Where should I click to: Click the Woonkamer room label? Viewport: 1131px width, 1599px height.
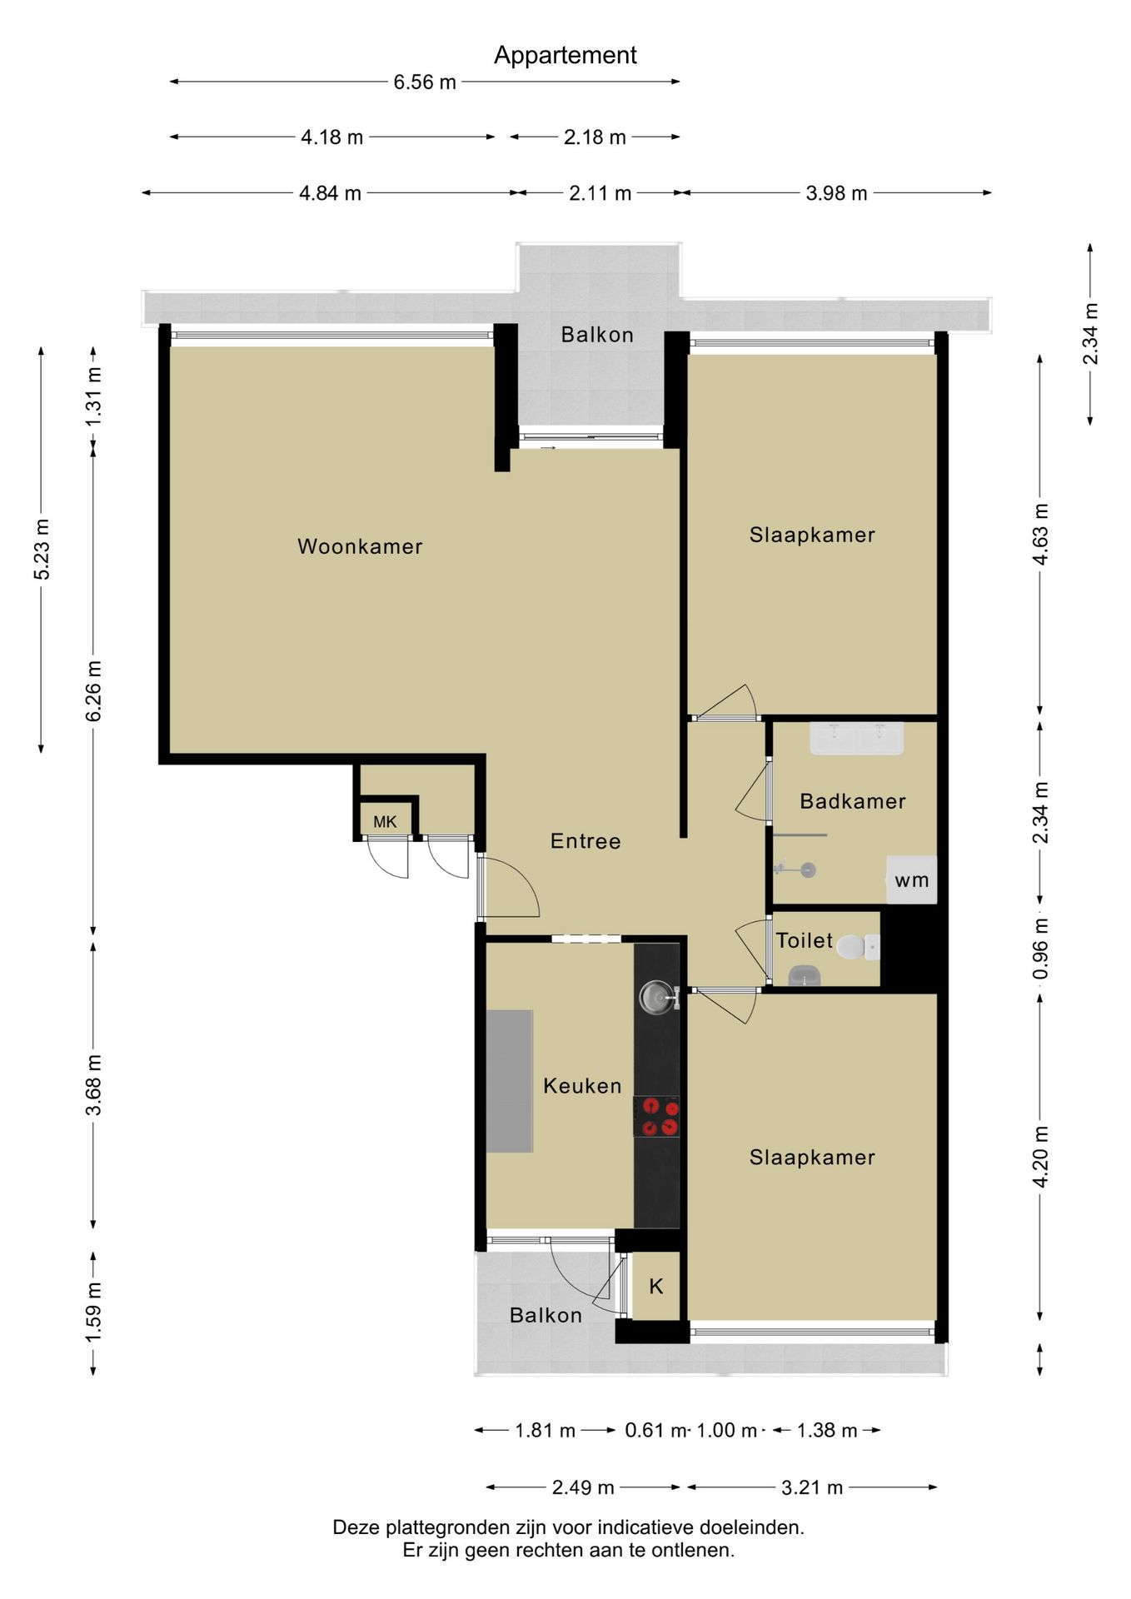coord(360,546)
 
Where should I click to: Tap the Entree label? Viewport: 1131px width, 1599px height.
coord(585,841)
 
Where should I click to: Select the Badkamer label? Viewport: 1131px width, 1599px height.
coord(853,801)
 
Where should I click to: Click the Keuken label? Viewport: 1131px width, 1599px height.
coord(582,1086)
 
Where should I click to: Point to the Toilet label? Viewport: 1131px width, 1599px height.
coord(805,940)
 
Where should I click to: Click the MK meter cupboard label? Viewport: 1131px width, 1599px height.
coord(385,822)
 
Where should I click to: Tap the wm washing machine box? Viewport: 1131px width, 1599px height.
coord(912,879)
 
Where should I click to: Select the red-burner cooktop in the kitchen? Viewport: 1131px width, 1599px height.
coord(657,1117)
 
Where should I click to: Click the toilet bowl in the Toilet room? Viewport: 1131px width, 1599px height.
coord(851,948)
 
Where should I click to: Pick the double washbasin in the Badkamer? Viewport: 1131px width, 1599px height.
coord(857,739)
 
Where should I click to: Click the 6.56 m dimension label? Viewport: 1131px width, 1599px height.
coord(425,82)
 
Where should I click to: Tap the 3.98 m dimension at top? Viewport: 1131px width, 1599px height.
coord(836,193)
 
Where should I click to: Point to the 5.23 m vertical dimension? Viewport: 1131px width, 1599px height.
coord(42,549)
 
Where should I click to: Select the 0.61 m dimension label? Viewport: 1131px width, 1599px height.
coord(656,1431)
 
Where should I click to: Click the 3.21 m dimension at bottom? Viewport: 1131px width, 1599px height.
coord(812,1487)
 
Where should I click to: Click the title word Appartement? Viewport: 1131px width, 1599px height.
coord(565,55)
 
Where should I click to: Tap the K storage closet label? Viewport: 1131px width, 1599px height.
coord(656,1287)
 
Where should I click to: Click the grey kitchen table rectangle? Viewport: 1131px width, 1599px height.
coord(510,1081)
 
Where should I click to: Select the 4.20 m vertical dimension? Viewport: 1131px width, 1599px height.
coord(1041,1157)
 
